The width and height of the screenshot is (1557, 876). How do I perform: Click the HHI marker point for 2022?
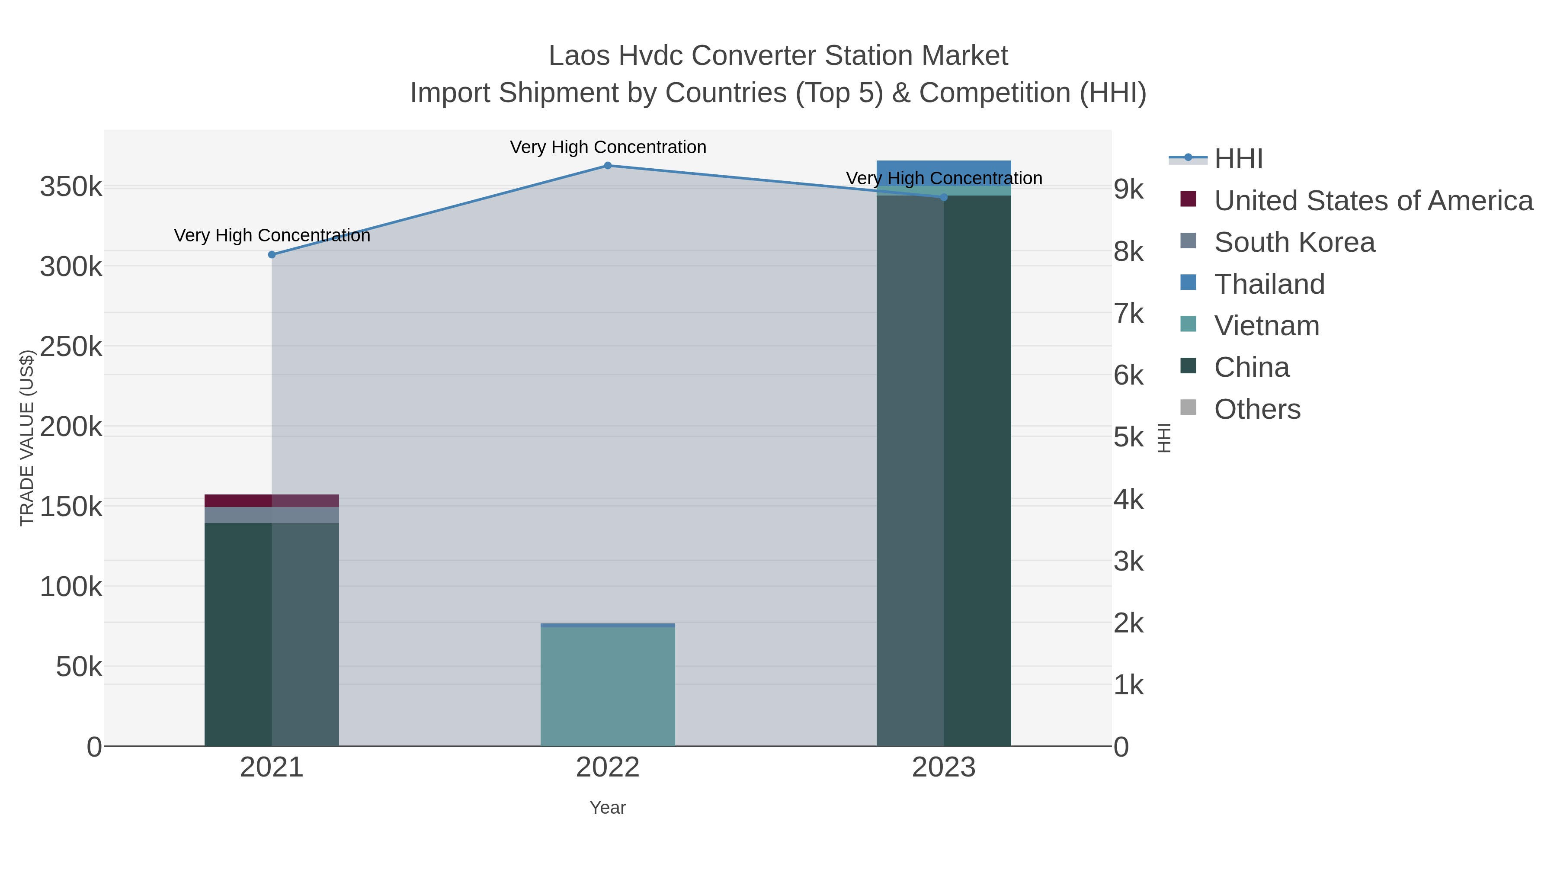point(608,166)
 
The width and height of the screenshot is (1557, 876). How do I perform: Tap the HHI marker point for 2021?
point(272,254)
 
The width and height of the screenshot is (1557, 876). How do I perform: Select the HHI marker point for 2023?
point(944,197)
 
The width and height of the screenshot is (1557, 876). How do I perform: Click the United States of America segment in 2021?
point(271,501)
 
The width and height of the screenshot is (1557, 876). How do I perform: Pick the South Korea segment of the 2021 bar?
point(271,515)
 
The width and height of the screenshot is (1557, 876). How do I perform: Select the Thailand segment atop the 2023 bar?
point(944,167)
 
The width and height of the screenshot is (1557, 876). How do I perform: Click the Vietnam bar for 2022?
point(608,686)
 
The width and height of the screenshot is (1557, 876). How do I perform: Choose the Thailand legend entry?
point(1269,284)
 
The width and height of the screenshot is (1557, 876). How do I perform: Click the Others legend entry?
point(1256,409)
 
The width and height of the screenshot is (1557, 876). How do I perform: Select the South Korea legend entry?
point(1294,242)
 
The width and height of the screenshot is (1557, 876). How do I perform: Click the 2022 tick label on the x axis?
point(608,768)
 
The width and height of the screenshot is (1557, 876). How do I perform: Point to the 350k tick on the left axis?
point(71,187)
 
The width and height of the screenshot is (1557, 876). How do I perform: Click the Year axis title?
point(608,808)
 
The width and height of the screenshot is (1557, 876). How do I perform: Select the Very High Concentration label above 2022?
point(608,147)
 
